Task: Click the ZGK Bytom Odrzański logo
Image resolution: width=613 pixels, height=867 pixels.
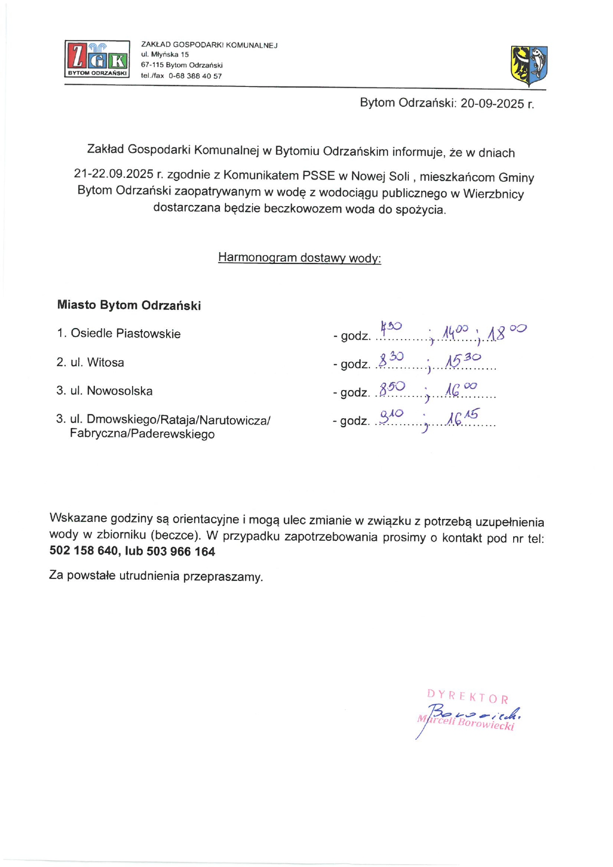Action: (x=97, y=59)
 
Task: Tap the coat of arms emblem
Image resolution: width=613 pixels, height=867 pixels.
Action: (x=529, y=65)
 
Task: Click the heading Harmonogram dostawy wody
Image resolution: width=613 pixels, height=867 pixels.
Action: (x=300, y=258)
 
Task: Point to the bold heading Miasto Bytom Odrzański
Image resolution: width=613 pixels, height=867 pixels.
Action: (x=129, y=305)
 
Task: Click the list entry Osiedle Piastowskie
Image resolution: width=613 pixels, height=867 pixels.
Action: (x=126, y=334)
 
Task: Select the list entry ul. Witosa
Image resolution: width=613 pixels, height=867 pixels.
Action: (x=97, y=362)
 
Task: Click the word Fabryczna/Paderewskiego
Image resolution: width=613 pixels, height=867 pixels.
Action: (x=142, y=434)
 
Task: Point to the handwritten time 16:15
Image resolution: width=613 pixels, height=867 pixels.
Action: (x=463, y=417)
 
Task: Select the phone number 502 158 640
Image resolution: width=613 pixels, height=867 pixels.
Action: (x=84, y=551)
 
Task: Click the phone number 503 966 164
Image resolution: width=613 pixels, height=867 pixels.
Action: (x=181, y=552)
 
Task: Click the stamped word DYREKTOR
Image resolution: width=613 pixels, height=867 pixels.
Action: (x=467, y=696)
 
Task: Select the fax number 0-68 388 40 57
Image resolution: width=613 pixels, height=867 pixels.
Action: (x=195, y=76)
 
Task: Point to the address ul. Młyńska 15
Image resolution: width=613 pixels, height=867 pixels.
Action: (x=165, y=54)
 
